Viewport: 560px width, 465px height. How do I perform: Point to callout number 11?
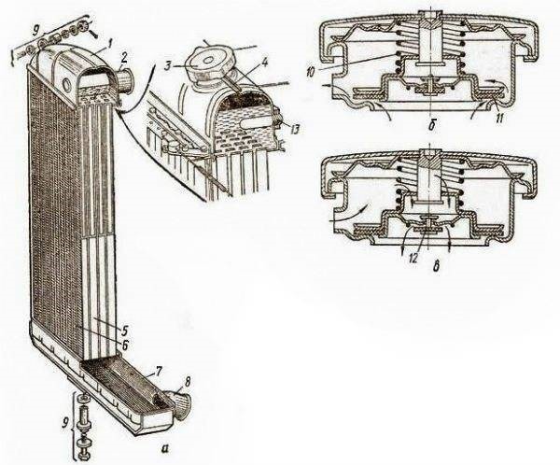point(500,119)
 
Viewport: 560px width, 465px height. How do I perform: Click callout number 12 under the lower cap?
point(413,258)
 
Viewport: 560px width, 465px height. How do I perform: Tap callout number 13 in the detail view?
point(293,131)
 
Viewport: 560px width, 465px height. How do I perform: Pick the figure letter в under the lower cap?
point(435,268)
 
